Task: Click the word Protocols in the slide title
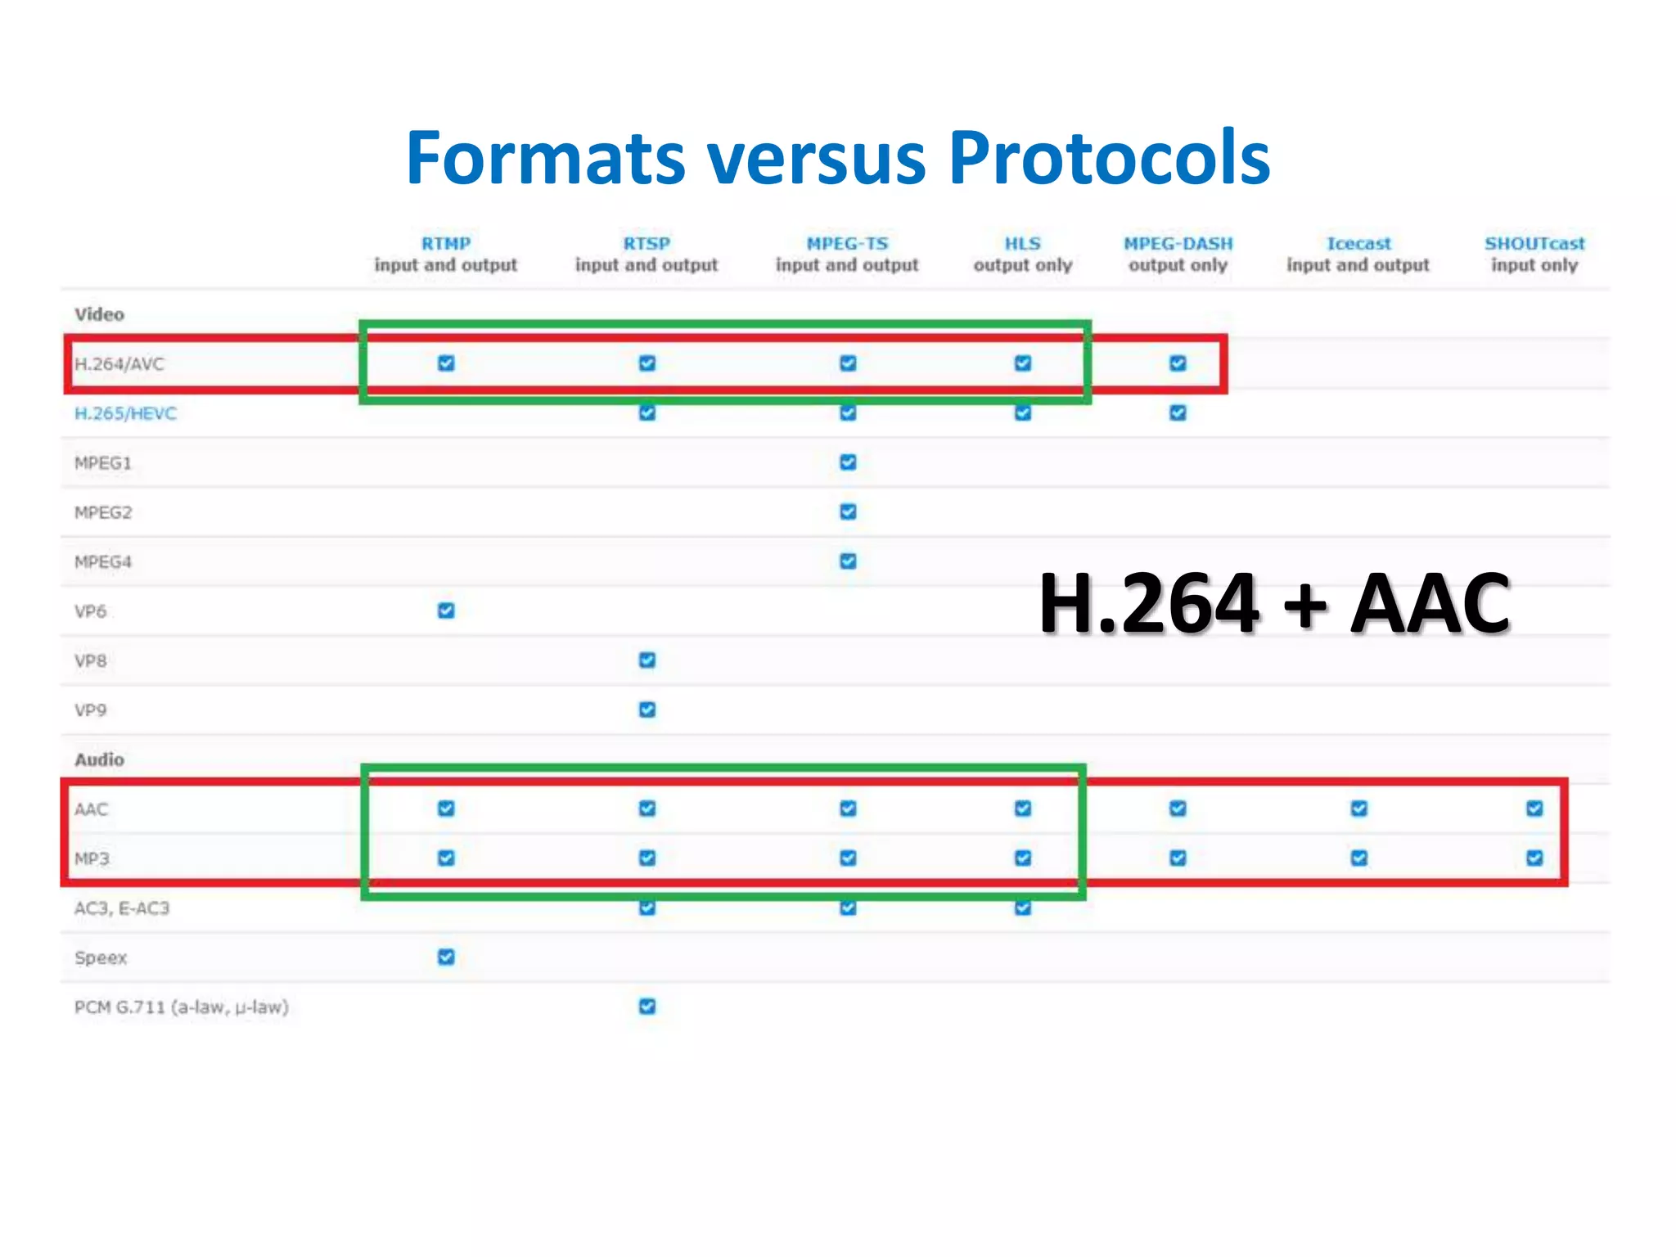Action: pyautogui.click(x=1109, y=158)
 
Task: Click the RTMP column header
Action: pyautogui.click(x=446, y=244)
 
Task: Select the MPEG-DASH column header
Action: pyautogui.click(x=1178, y=244)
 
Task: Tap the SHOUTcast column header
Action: pyautogui.click(x=1534, y=244)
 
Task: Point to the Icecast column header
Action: pyautogui.click(x=1358, y=244)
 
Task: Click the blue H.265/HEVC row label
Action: pyautogui.click(x=125, y=413)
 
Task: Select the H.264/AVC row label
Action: pyautogui.click(x=119, y=364)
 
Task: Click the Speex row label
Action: pyautogui.click(x=101, y=957)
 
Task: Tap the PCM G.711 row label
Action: pyautogui.click(x=181, y=1007)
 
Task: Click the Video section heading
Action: pyautogui.click(x=99, y=314)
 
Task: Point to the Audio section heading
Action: pyautogui.click(x=99, y=759)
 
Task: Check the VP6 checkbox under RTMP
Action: pyautogui.click(x=446, y=610)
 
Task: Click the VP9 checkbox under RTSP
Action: pyautogui.click(x=647, y=710)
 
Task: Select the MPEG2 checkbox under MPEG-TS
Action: pyautogui.click(x=848, y=511)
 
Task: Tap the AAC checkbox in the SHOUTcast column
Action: pyautogui.click(x=1534, y=809)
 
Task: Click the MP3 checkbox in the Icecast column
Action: pyautogui.click(x=1358, y=858)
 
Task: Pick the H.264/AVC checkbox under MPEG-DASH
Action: pyautogui.click(x=1178, y=363)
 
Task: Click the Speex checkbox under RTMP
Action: pyautogui.click(x=446, y=957)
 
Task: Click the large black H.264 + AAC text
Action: pyautogui.click(x=1273, y=604)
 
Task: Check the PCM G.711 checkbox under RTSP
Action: pyautogui.click(x=647, y=1006)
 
